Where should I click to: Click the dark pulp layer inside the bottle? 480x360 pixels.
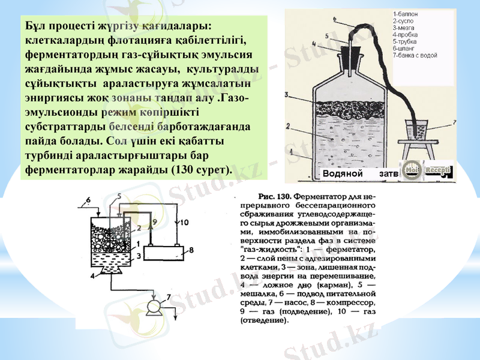click(350, 110)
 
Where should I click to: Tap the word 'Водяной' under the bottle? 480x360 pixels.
click(343, 173)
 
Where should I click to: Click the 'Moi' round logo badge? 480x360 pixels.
click(412, 171)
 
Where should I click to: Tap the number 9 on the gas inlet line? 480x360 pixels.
click(154, 223)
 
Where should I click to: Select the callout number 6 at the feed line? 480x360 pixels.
click(88, 199)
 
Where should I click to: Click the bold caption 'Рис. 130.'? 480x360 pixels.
click(274, 196)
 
